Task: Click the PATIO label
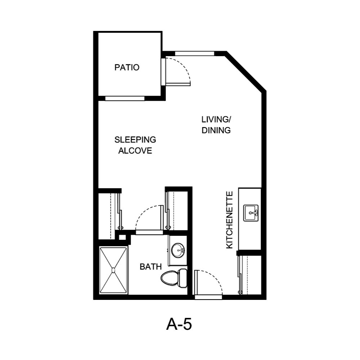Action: [127, 67]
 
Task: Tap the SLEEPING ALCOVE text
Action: [135, 145]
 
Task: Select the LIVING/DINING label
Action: [216, 125]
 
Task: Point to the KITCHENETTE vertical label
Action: [230, 220]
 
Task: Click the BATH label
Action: [150, 267]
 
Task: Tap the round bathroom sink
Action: [177, 250]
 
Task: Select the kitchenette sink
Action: [251, 213]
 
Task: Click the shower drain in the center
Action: [113, 269]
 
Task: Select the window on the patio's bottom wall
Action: [125, 98]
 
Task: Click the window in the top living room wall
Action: [194, 54]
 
